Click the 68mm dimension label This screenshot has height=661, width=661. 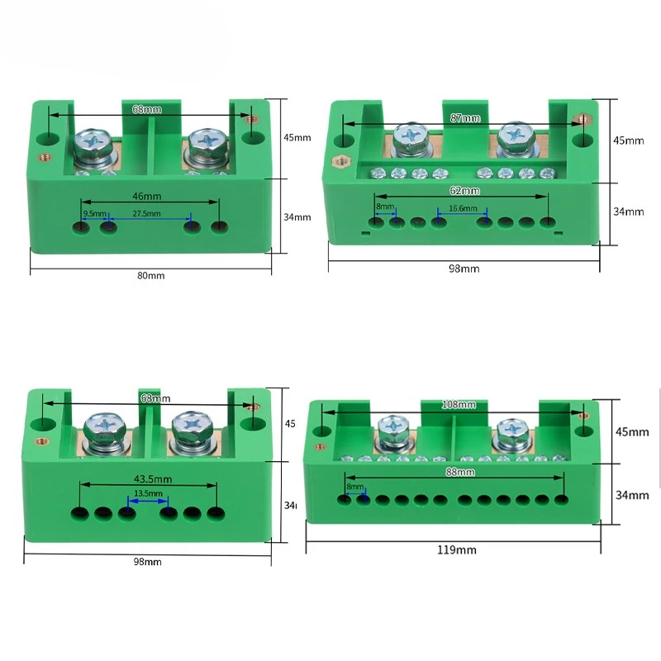147,108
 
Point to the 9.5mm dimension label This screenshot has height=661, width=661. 94,214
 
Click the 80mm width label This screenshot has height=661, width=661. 150,276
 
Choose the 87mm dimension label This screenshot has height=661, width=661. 465,118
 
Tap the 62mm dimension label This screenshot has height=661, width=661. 464,191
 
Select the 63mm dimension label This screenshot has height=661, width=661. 150,398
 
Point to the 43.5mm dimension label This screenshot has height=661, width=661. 149,478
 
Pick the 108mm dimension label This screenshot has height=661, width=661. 460,405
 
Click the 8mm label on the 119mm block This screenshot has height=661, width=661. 354,487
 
